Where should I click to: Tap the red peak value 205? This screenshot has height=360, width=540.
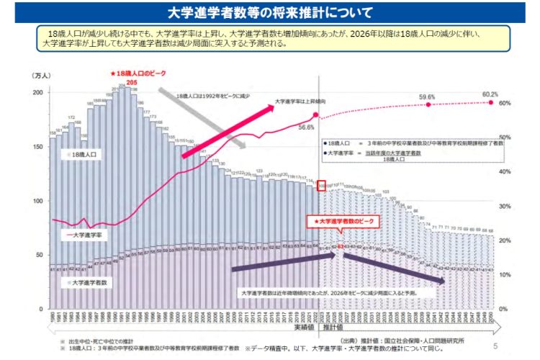131,82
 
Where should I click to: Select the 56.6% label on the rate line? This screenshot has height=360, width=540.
307,127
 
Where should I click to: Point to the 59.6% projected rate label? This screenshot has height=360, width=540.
427,96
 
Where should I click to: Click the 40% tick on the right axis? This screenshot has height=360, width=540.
505,171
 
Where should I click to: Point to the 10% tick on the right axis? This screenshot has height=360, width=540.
505,274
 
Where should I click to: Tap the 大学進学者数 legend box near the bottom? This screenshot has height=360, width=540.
89,284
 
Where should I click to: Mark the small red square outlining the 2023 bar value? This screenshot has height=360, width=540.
321,186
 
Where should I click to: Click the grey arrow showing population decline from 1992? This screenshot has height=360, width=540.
202,119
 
